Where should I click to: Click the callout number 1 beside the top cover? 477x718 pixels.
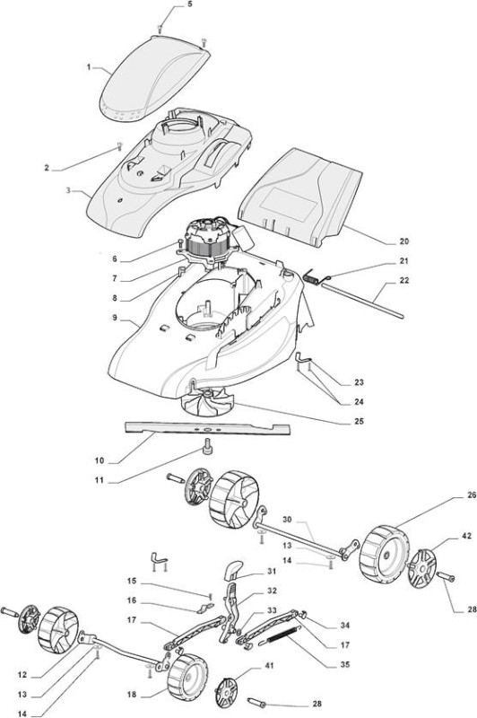pos(89,67)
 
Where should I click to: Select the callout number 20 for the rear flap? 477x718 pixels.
pos(403,241)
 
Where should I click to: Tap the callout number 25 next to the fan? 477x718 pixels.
pos(359,421)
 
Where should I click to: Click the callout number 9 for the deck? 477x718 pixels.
pos(115,318)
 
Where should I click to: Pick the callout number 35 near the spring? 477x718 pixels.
pos(345,664)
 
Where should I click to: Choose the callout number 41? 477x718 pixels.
pos(269,665)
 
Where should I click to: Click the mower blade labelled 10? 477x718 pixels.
pos(208,429)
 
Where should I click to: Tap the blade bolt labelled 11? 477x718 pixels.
pos(208,445)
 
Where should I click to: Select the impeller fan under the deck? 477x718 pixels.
pos(207,401)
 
